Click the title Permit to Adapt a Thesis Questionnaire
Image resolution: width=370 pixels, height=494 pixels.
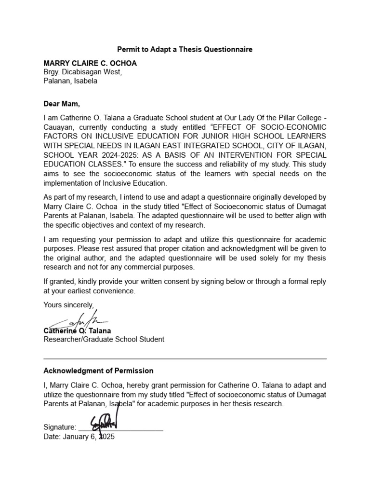(x=185, y=49)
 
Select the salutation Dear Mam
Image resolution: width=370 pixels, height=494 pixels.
(x=62, y=103)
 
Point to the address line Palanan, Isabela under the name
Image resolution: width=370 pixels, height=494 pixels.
(x=70, y=81)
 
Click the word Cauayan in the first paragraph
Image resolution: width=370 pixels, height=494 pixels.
(x=57, y=127)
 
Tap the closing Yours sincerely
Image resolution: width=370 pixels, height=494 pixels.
(x=69, y=304)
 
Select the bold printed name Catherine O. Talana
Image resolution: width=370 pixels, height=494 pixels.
(x=77, y=331)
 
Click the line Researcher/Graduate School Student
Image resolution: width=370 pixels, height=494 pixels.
(x=104, y=339)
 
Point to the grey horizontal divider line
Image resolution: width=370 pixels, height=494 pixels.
(x=185, y=359)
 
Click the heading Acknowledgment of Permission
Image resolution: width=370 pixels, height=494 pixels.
(x=98, y=370)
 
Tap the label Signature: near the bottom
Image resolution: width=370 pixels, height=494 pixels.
(x=60, y=427)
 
